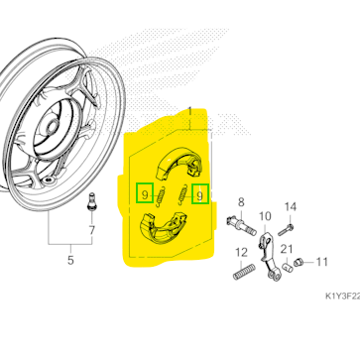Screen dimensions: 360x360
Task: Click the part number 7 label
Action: point(91,230)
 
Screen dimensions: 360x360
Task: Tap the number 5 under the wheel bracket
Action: point(70,260)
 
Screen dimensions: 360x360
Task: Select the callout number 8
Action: point(241,202)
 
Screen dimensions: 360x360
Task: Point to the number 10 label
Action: point(265,217)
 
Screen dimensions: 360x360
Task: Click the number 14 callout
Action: point(291,207)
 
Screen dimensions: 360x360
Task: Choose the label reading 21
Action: point(287,250)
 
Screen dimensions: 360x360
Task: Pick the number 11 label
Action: point(321,262)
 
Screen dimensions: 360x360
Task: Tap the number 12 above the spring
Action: point(241,253)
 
